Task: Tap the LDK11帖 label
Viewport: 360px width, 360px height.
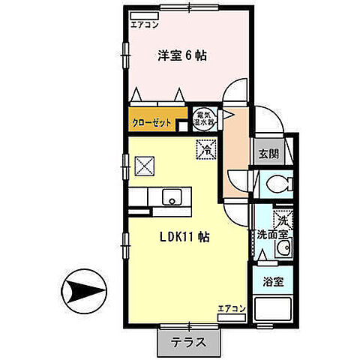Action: pos(184,236)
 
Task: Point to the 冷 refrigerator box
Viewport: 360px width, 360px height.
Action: pos(204,149)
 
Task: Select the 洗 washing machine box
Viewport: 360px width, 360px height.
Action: pos(280,221)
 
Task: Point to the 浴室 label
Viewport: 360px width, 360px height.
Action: pos(274,282)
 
